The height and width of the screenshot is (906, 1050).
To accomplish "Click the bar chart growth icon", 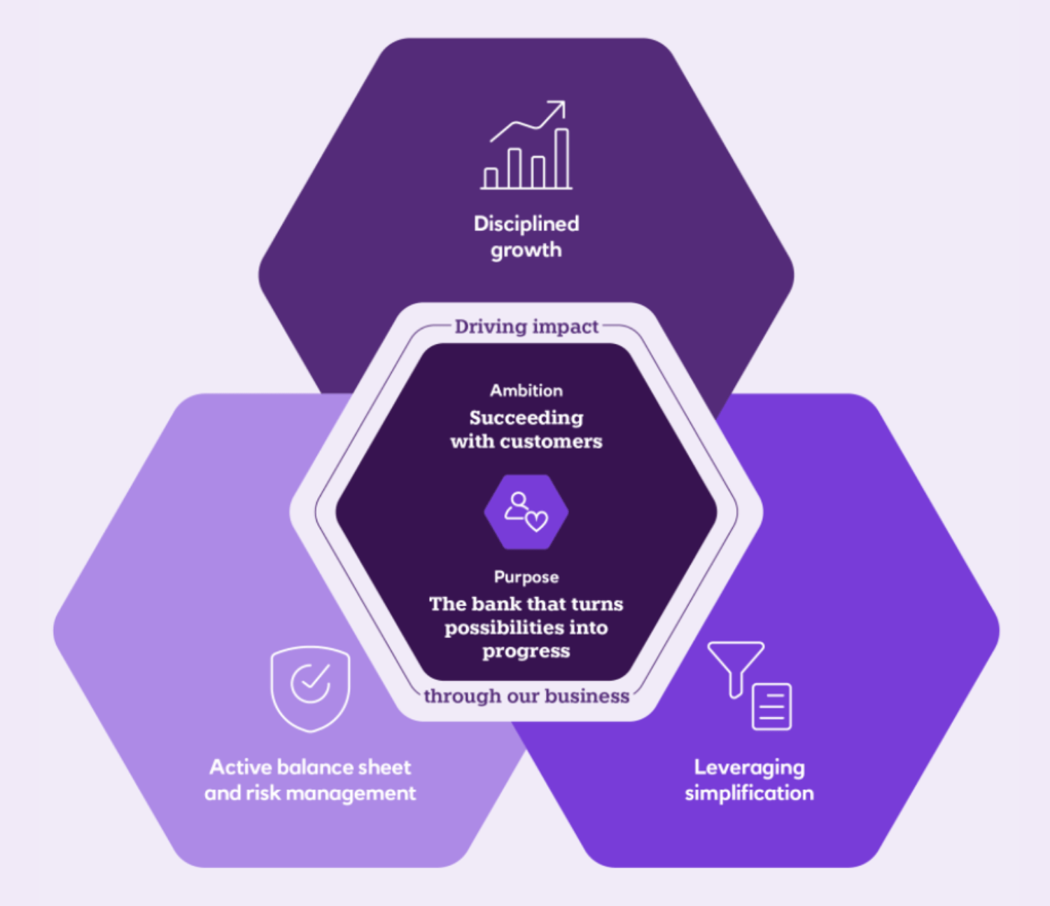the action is [526, 145].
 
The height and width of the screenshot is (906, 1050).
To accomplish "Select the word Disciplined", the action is [526, 223].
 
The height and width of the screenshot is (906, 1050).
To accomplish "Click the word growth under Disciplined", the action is [526, 251].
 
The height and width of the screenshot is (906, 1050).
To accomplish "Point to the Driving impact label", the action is [526, 327].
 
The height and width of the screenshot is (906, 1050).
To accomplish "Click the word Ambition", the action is [526, 390].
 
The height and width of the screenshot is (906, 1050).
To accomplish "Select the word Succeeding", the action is [526, 418].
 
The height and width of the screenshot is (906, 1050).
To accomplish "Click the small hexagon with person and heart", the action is [526, 512].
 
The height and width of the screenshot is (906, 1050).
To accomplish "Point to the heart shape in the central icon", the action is [536, 522].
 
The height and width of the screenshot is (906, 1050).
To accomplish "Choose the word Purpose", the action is [526, 577].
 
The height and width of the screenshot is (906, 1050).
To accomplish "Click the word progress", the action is [526, 652].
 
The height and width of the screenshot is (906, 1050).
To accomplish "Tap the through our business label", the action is [526, 696].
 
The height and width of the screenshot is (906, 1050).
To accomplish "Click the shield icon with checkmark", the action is [310, 689].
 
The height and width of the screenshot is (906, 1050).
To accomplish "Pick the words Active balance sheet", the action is [310, 767].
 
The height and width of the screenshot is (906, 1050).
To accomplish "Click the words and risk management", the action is [310, 794].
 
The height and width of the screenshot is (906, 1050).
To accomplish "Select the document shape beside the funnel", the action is [771, 707].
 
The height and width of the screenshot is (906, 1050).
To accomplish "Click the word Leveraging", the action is [749, 768].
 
